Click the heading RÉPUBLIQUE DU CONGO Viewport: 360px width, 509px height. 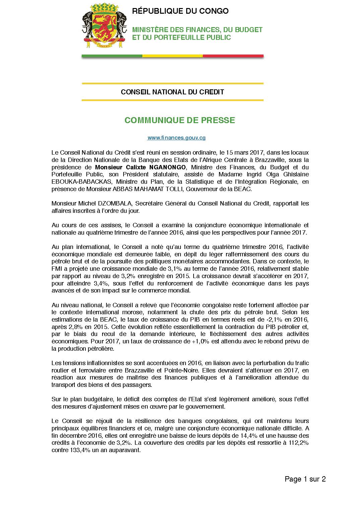tap(180, 11)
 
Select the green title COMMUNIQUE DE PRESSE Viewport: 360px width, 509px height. tap(179, 120)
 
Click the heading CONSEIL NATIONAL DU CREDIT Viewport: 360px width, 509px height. tap(172, 92)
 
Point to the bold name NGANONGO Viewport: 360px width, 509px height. tap(166, 167)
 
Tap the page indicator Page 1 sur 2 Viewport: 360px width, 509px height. tap(305, 479)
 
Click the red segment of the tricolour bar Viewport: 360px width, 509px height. tap(233, 56)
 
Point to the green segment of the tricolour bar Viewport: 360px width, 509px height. tap(112, 56)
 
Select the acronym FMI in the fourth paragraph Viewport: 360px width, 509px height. tap(57, 269)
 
